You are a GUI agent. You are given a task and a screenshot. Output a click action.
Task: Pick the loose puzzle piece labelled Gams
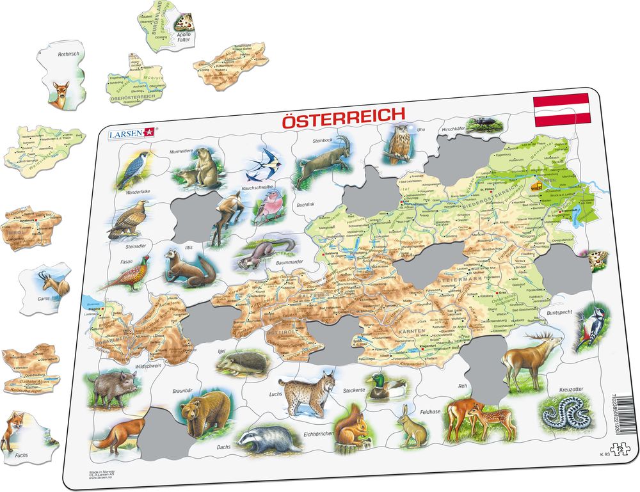click(x=45, y=290)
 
